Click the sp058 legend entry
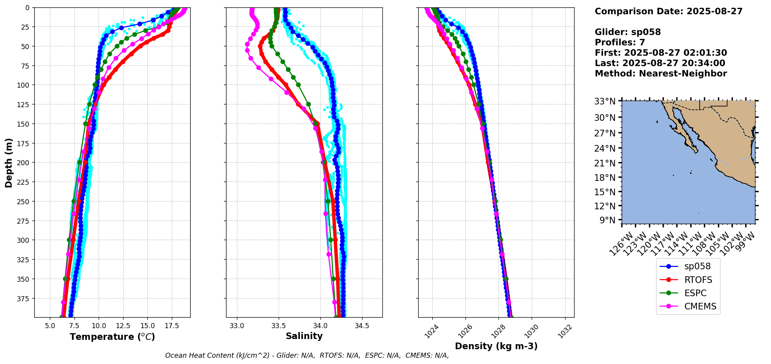tap(697, 266)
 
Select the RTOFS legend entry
tap(698, 280)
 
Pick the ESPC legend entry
tap(695, 293)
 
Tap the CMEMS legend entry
tap(700, 306)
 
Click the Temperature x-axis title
tap(112, 337)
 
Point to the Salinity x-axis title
tap(304, 336)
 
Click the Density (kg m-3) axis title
tap(496, 346)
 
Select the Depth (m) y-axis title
tap(9, 163)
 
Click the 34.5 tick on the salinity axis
tap(362, 326)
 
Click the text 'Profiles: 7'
tap(620, 42)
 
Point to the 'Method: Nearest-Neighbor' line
tap(661, 74)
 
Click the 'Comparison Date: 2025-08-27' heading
tap(668, 11)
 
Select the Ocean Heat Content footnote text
tap(307, 355)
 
